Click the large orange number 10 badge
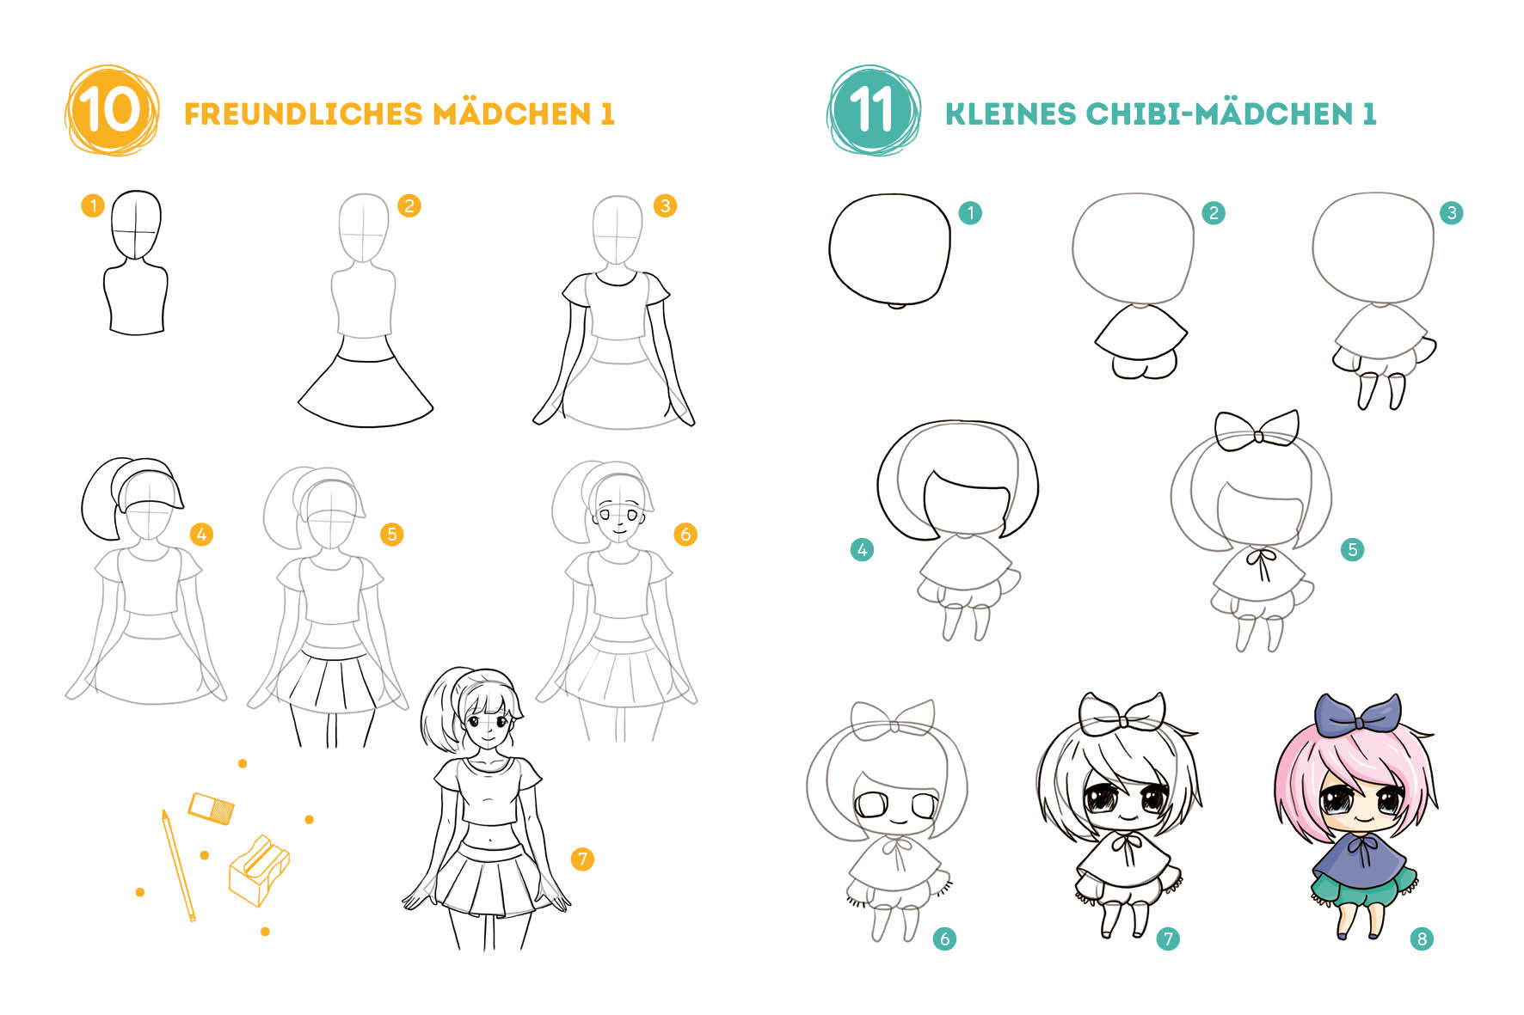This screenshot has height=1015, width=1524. pyautogui.click(x=111, y=111)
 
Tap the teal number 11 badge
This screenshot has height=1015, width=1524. pyautogui.click(x=873, y=111)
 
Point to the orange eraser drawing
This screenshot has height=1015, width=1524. pyautogui.click(x=211, y=808)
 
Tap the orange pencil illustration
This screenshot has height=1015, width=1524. pyautogui.click(x=178, y=865)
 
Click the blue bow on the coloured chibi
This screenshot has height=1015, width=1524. pyautogui.click(x=1357, y=715)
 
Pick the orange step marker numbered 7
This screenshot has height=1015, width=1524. pyautogui.click(x=582, y=859)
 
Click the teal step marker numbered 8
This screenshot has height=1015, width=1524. pyautogui.click(x=1422, y=939)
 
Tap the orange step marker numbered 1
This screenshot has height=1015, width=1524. pyautogui.click(x=93, y=205)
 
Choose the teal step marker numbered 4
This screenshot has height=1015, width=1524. pyautogui.click(x=862, y=549)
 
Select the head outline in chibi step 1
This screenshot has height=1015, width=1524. pyautogui.click(x=889, y=249)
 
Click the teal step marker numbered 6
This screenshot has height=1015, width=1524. pyautogui.click(x=944, y=939)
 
